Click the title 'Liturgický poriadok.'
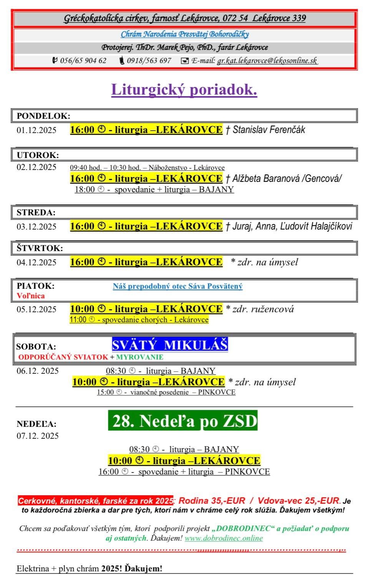click(x=184, y=90)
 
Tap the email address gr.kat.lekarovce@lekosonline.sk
click(x=267, y=61)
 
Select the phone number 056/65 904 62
click(x=83, y=61)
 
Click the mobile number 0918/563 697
click(x=149, y=61)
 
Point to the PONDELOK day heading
click(x=43, y=116)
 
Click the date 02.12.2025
click(x=36, y=167)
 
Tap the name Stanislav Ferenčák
click(x=269, y=130)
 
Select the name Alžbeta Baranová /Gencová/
click(x=287, y=178)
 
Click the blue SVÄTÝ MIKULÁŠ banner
click(x=170, y=345)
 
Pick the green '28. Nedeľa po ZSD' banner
click(x=183, y=421)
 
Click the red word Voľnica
click(x=31, y=296)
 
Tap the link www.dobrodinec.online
click(x=224, y=538)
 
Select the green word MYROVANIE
click(x=140, y=357)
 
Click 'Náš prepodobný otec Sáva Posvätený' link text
click(x=177, y=286)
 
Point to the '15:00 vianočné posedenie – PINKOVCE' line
click(x=166, y=392)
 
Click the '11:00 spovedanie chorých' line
click(x=139, y=320)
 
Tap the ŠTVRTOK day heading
click(x=40, y=248)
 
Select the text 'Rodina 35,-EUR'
click(x=212, y=501)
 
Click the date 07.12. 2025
click(x=38, y=436)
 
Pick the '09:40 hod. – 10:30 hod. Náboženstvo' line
click(x=147, y=168)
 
